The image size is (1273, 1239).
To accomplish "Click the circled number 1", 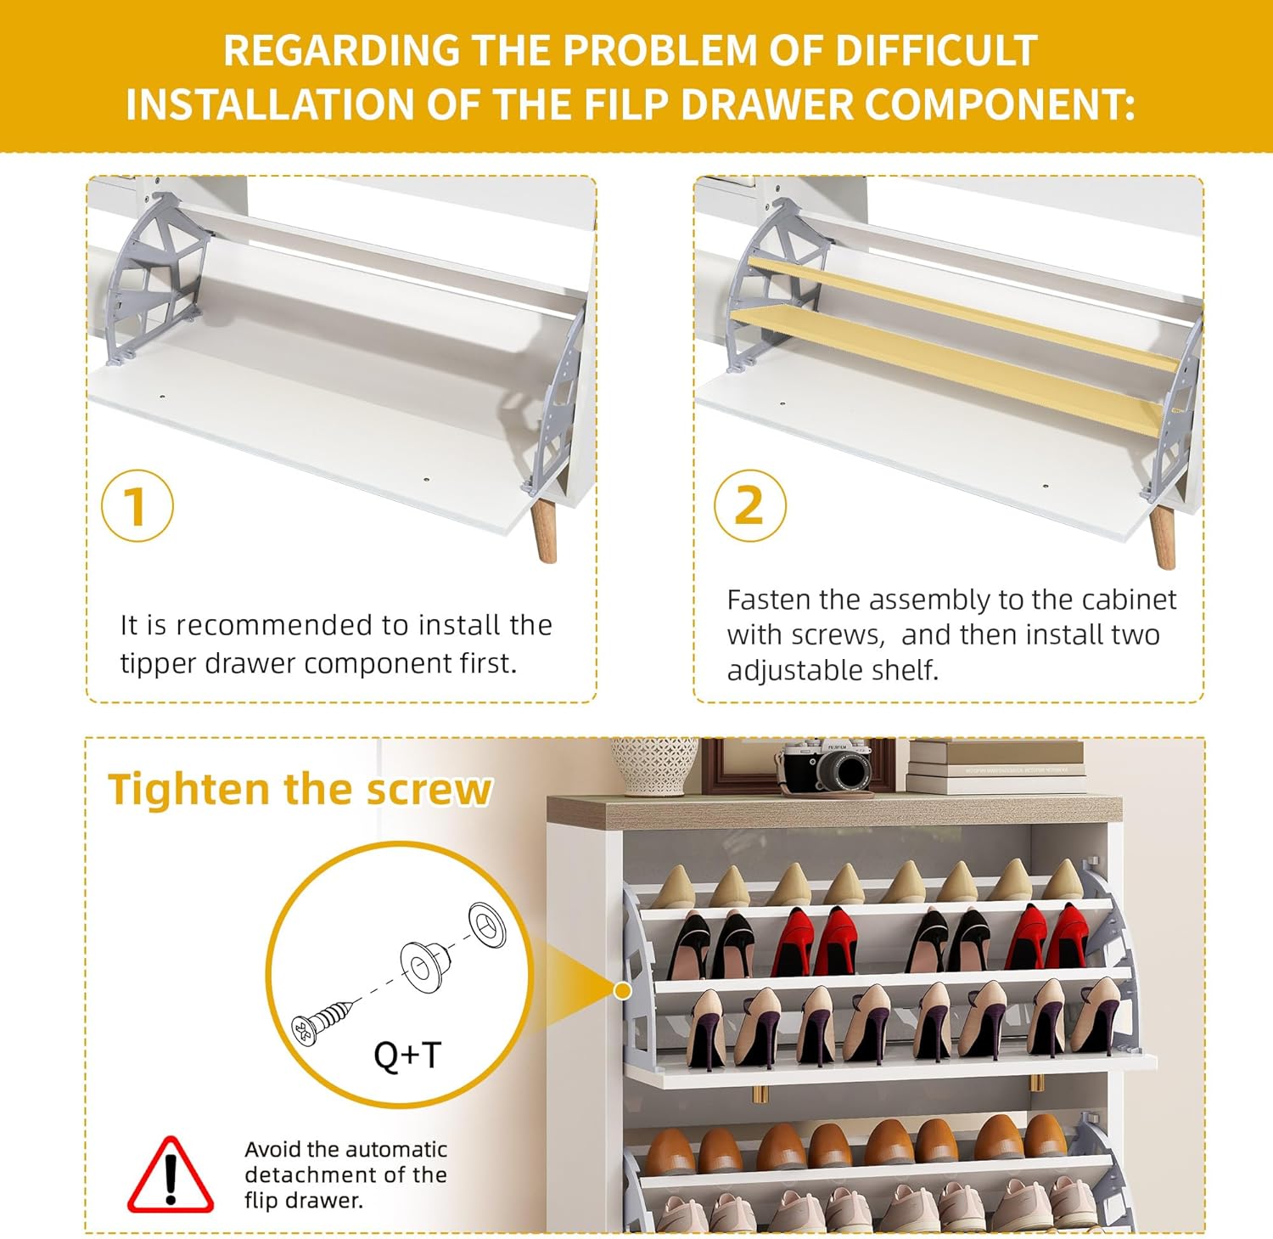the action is coord(137,505).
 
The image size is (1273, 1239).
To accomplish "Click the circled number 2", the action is coord(749,505).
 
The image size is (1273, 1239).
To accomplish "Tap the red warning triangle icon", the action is coord(171,1174).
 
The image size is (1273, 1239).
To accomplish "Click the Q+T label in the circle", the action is coord(407,1055).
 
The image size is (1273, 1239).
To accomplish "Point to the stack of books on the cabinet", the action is coord(995,768).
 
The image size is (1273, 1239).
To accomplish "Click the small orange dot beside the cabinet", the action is coord(623,991).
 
